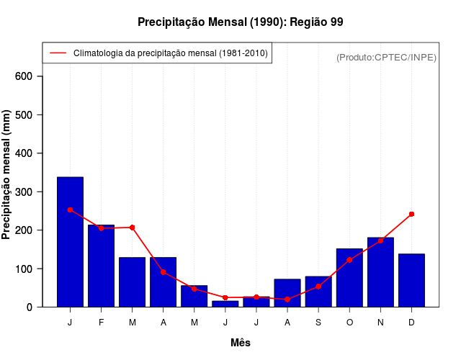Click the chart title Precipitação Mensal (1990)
(x=240, y=22)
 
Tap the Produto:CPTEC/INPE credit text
(x=386, y=57)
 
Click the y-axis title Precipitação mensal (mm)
(x=6, y=175)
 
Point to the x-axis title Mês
(x=241, y=343)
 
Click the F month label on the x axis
(x=102, y=323)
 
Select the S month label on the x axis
(x=318, y=323)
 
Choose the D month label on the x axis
(x=411, y=323)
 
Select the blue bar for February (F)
(x=102, y=266)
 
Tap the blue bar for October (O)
(x=349, y=278)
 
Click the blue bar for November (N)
(x=380, y=272)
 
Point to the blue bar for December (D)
(x=411, y=281)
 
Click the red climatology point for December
(x=411, y=214)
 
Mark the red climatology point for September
(x=318, y=287)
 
